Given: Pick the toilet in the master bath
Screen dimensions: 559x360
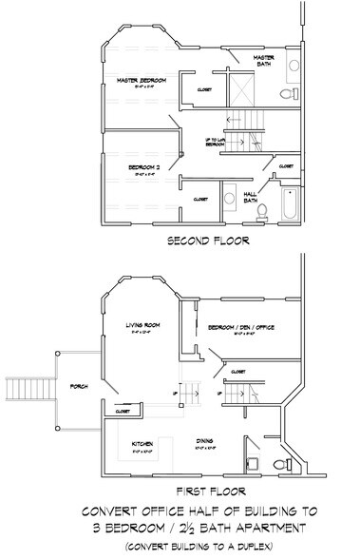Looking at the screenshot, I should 290,95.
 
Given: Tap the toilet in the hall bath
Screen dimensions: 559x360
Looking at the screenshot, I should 263,208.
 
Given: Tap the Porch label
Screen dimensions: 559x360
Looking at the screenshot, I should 79,388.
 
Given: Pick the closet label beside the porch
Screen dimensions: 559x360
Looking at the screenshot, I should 123,412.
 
